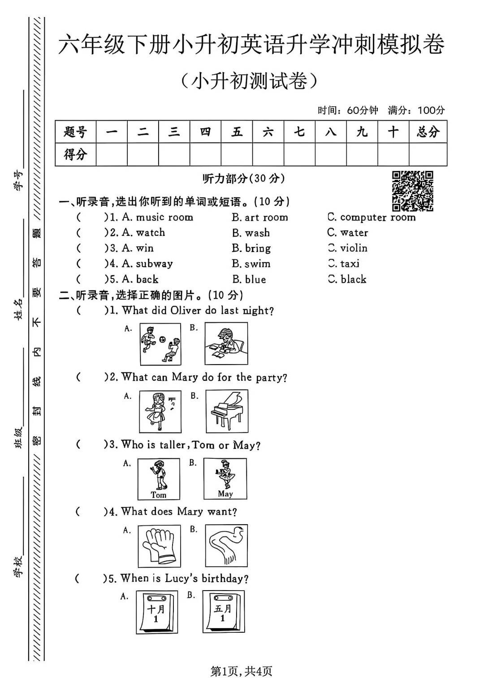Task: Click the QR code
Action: [x=412, y=191]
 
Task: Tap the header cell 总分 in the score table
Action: [x=428, y=132]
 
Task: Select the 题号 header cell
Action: [x=75, y=132]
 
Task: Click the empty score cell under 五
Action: [x=237, y=155]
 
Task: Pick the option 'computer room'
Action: [x=377, y=217]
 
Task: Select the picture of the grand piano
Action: [x=227, y=411]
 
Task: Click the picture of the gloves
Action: [x=159, y=546]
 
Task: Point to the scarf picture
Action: [x=227, y=546]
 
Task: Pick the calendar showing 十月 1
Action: [x=156, y=612]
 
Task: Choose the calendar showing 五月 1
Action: [x=223, y=612]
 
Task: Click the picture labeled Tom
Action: [x=159, y=479]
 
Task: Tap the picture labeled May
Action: [x=225, y=478]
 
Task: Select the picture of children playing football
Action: [x=160, y=344]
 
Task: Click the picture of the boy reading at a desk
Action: [x=226, y=344]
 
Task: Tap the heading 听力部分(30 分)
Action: [x=243, y=178]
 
